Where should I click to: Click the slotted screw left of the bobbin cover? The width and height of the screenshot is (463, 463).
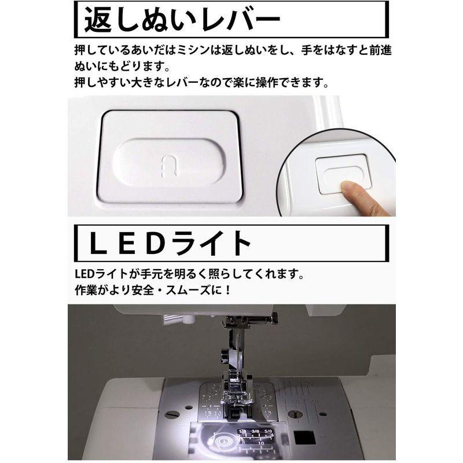coord(172,414)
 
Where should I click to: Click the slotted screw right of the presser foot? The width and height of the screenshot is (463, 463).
coord(293,413)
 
